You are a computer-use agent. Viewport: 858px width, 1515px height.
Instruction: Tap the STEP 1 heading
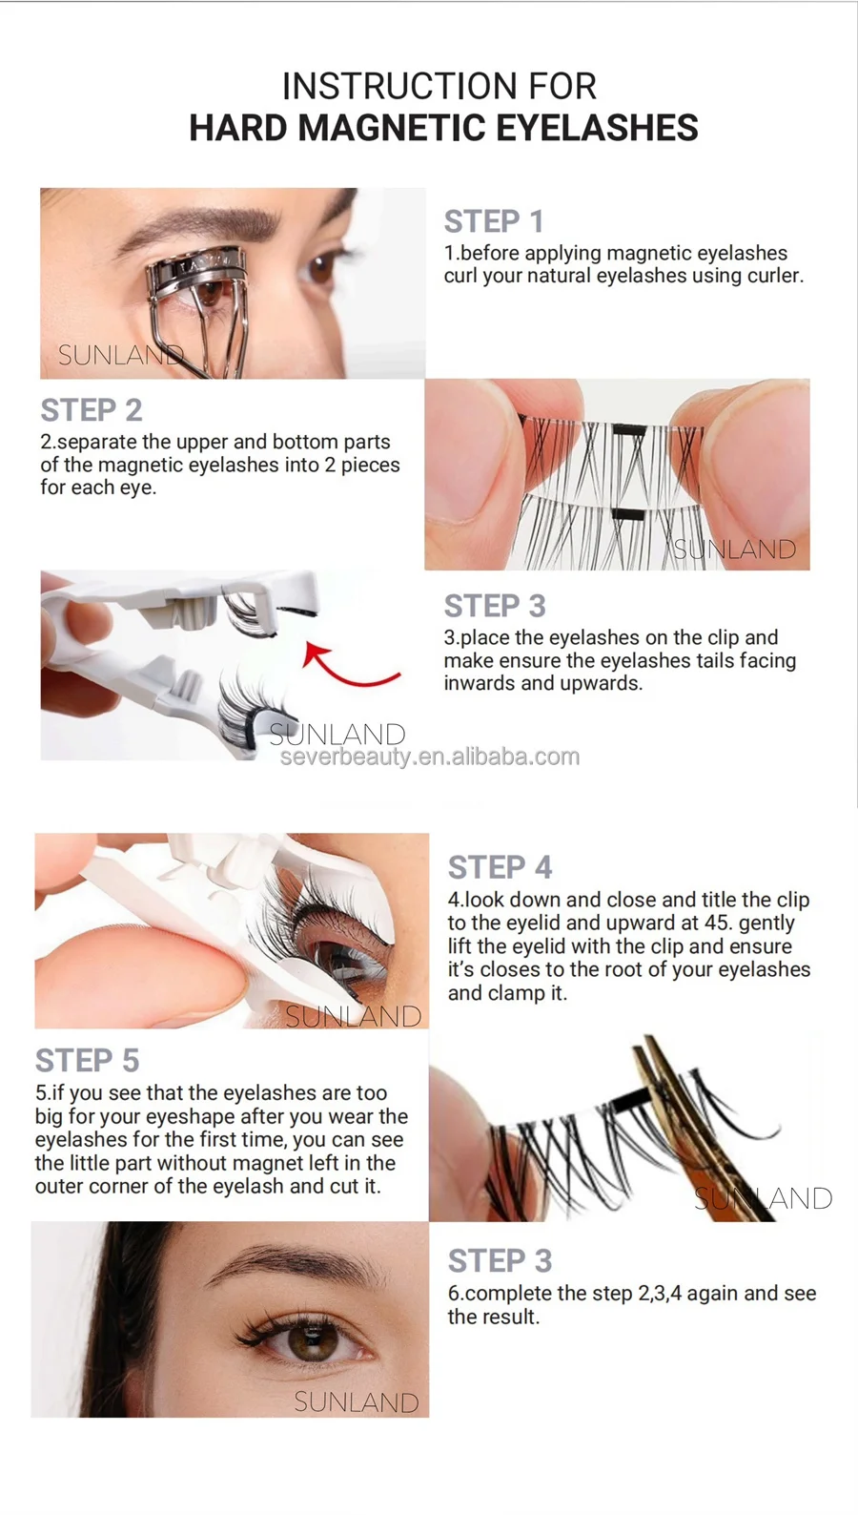[493, 221]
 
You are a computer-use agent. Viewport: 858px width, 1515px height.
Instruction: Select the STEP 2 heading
[92, 410]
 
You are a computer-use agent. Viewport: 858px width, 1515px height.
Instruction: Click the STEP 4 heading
[500, 867]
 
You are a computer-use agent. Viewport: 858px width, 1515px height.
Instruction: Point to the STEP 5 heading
[87, 1060]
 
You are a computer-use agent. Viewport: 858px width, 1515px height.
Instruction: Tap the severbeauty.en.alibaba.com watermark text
[430, 757]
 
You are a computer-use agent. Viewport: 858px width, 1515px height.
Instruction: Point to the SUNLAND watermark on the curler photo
[120, 354]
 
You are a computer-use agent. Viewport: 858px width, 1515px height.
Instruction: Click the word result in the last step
[512, 1317]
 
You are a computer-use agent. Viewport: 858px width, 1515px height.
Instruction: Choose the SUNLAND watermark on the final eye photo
[357, 1402]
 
